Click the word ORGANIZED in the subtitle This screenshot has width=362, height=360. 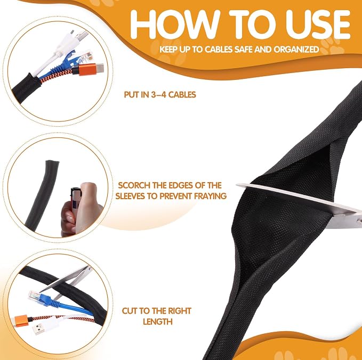(296, 49)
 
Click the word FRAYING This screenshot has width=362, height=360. (210, 196)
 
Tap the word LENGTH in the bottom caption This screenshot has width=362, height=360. (158, 321)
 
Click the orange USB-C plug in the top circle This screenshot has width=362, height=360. (88, 69)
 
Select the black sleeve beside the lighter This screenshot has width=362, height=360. (42, 193)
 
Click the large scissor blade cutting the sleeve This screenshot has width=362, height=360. (300, 203)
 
